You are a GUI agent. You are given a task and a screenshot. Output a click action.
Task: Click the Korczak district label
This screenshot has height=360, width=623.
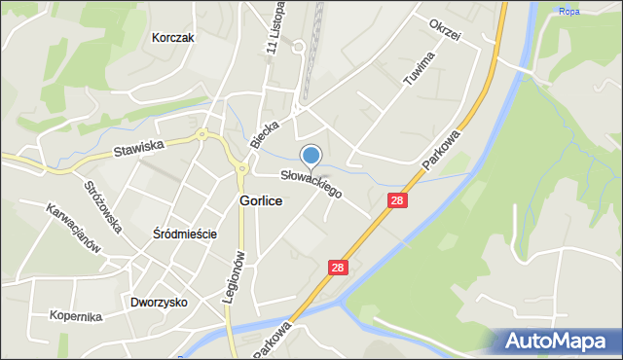[x=175, y=39]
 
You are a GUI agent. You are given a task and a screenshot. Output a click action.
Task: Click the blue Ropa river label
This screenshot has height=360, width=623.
[x=568, y=12]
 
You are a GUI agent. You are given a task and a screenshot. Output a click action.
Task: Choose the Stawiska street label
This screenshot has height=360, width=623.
[x=139, y=147]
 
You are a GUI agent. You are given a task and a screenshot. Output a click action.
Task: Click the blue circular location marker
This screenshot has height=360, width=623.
[x=311, y=155]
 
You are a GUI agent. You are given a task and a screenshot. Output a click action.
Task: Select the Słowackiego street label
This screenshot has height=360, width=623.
[x=311, y=184]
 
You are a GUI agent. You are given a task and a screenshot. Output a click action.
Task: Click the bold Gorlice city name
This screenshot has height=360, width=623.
[x=261, y=200]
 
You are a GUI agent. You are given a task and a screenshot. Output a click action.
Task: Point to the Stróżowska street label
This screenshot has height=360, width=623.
[x=102, y=206]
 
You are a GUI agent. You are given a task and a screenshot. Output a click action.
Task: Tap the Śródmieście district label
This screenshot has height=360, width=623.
[x=184, y=234]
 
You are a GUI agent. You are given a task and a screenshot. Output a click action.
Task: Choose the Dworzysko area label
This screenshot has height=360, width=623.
[x=159, y=303]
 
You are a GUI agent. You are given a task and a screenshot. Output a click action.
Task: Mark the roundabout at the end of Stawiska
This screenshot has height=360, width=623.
[x=202, y=134]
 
